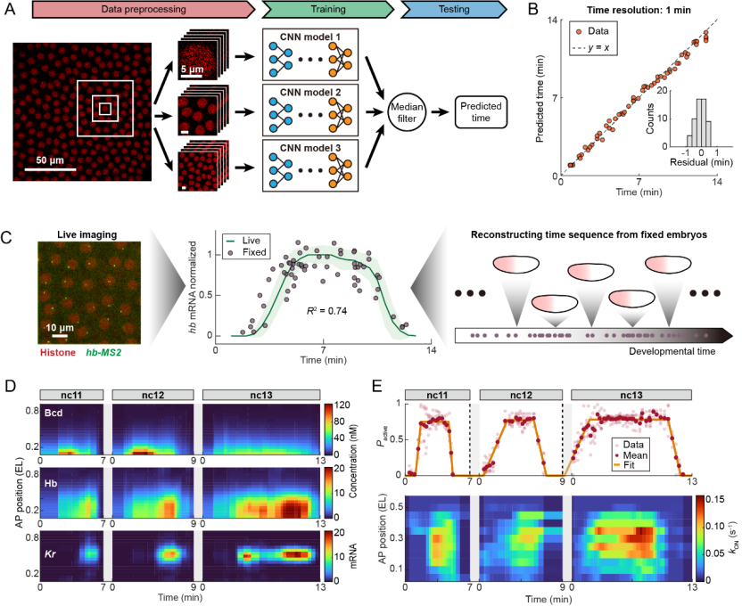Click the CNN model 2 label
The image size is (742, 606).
point(316,92)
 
